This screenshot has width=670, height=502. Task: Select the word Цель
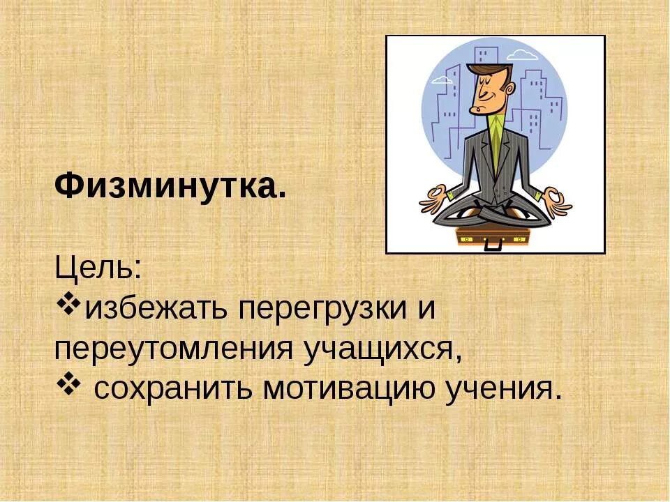[x=98, y=268]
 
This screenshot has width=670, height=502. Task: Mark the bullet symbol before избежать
[x=68, y=305]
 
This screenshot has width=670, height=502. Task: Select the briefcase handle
[x=493, y=244]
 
